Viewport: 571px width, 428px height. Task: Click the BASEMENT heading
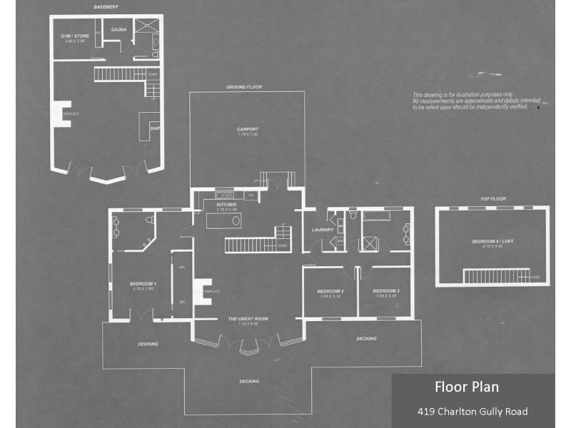[106, 7]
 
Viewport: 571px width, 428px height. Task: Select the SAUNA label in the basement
[118, 31]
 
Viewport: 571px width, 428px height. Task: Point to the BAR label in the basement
[153, 128]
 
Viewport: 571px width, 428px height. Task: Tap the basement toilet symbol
[155, 52]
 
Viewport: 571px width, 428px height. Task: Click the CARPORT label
[247, 130]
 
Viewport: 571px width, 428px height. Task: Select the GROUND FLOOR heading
[244, 87]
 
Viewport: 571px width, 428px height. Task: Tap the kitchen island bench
[223, 221]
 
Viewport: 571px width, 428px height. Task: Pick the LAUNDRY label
[323, 230]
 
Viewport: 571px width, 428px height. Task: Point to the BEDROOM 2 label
[330, 291]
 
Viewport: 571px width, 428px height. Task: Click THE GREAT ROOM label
[248, 319]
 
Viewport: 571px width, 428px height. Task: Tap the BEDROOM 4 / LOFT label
[492, 242]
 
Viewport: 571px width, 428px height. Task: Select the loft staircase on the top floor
[495, 275]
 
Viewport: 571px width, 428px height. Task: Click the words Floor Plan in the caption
[467, 387]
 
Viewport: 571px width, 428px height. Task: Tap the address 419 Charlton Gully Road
[473, 412]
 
